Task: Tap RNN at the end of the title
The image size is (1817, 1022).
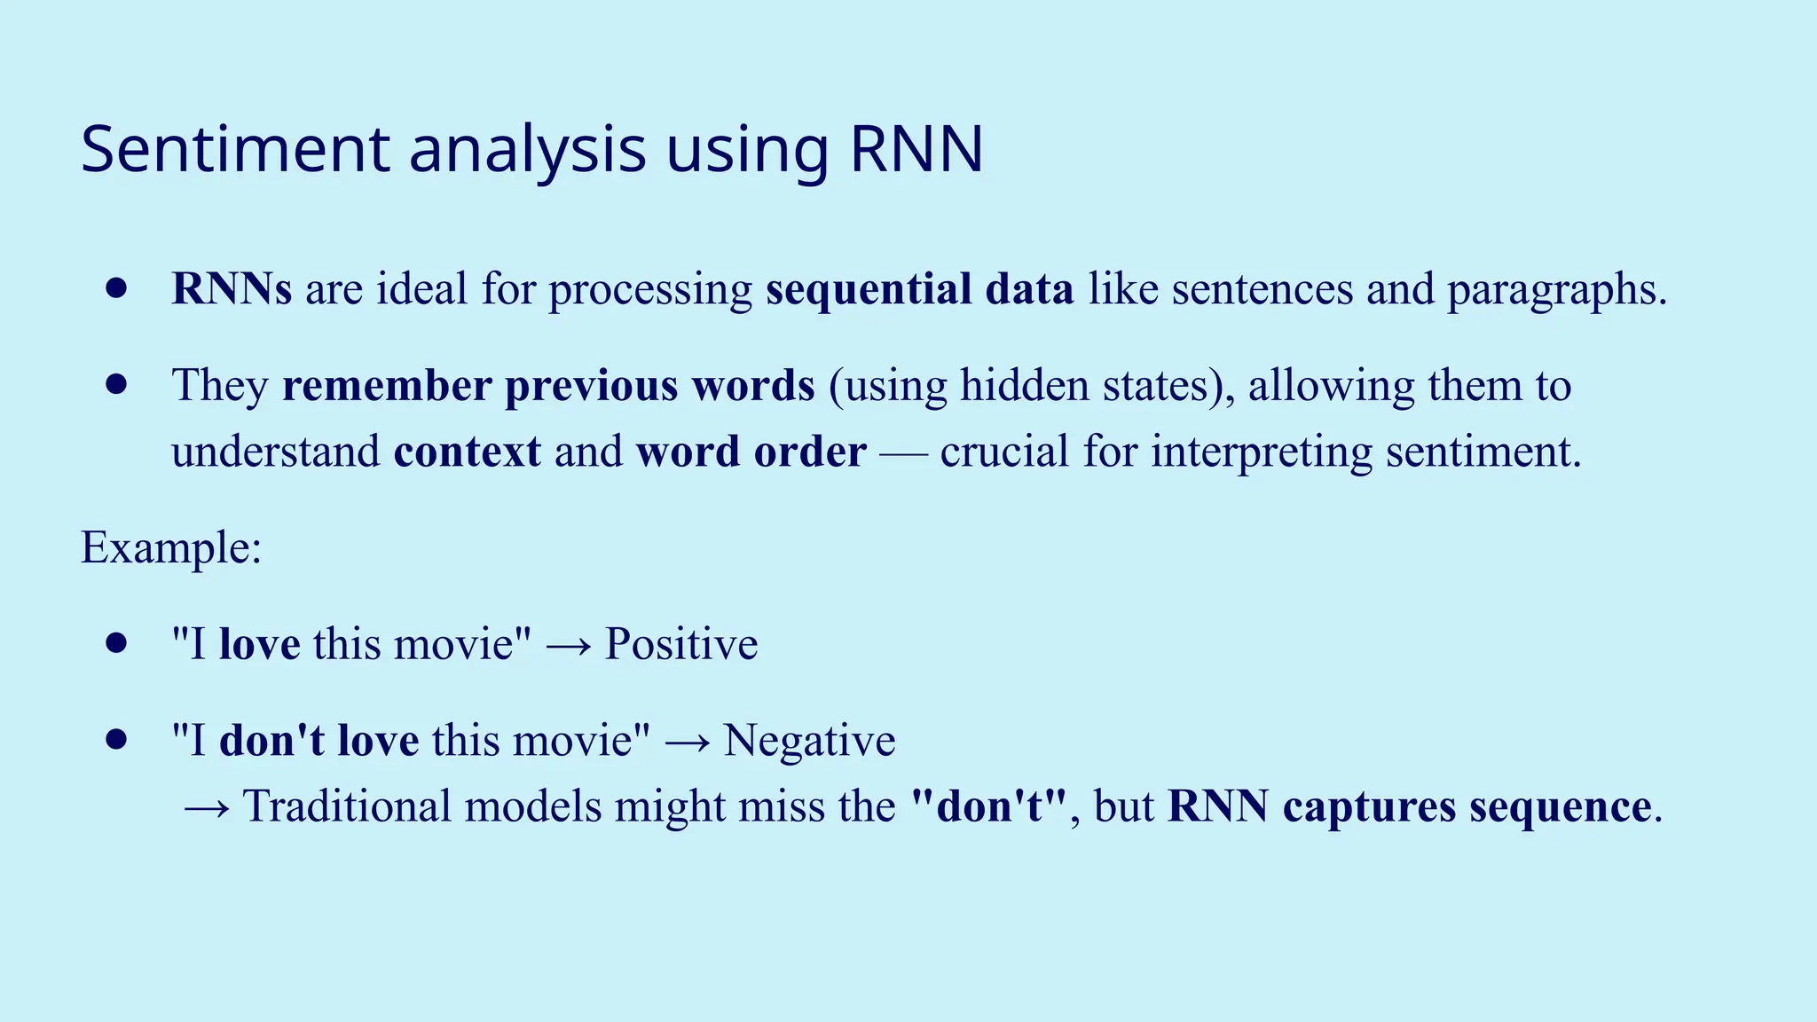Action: (916, 149)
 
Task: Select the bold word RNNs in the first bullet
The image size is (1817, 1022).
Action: (232, 289)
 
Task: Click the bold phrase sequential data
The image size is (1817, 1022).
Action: (920, 289)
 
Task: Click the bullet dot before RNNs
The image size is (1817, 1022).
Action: (116, 288)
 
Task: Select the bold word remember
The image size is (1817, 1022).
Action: (387, 385)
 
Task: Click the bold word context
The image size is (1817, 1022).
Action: (467, 452)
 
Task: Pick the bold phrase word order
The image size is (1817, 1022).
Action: (751, 452)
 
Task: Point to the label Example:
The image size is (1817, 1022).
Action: (171, 547)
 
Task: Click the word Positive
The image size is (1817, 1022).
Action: (681, 643)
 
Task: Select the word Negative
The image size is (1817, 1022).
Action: (809, 740)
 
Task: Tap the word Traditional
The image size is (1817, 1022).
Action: (348, 806)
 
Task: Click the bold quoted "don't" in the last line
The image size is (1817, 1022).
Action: (989, 806)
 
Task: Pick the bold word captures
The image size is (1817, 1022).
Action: (1370, 808)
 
